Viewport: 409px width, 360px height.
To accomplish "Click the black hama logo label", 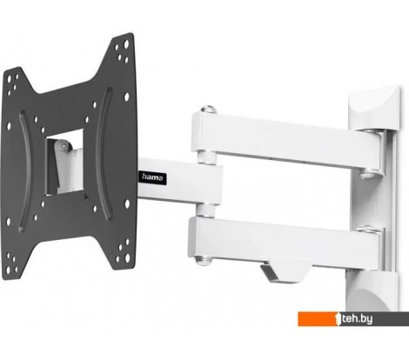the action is [152, 177].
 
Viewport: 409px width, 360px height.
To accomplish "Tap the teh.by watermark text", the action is [357, 319].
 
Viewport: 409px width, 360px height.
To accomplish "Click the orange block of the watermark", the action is [318, 319].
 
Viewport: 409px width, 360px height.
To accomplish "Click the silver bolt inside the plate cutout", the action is [63, 146].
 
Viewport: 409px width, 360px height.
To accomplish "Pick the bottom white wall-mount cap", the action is [372, 290].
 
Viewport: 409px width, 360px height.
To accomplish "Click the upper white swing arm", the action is [287, 141].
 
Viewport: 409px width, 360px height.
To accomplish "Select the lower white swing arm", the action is [285, 241].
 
